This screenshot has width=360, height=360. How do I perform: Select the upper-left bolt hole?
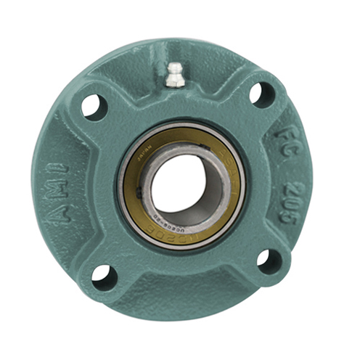click(x=94, y=106)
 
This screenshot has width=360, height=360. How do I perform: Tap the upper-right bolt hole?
click(x=263, y=94)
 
